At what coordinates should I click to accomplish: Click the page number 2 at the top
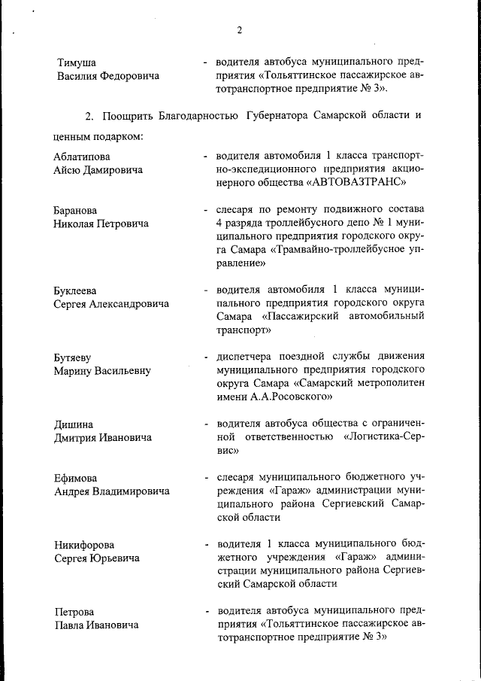239,30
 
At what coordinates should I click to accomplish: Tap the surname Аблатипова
83,157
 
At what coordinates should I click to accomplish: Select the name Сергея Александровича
111,304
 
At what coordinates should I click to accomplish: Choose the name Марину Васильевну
102,370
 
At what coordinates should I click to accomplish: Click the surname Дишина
74,424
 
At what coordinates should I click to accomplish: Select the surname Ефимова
76,478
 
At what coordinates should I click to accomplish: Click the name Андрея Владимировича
111,491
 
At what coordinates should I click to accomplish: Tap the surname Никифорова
85,545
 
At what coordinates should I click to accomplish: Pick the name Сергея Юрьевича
96,558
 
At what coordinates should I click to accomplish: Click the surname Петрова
74,612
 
